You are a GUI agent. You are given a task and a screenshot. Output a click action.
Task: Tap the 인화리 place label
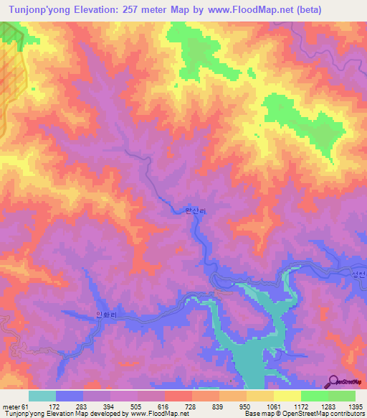tap(105, 314)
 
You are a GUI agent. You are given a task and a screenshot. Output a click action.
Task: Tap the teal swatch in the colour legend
tap(42, 396)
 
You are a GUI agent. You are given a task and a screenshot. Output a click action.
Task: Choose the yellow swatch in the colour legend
tap(287, 396)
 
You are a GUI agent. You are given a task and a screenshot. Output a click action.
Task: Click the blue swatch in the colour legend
tap(70, 396)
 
